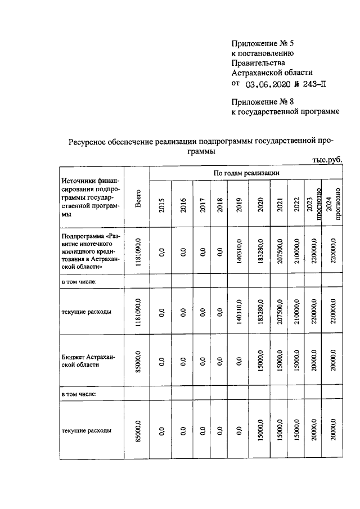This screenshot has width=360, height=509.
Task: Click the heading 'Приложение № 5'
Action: coord(263,43)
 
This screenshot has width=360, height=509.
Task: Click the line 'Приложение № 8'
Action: coord(263,102)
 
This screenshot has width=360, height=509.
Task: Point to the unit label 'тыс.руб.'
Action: coord(327,160)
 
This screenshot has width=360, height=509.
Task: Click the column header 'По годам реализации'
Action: coord(246,173)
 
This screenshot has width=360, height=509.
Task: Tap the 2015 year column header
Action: coord(161,205)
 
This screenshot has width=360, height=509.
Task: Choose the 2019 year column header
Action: coord(238,205)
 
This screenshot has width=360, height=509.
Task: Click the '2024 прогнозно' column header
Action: coord(332,202)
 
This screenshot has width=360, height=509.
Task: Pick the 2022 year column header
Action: coord(296,205)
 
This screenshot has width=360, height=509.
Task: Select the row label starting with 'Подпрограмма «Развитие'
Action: coord(90,252)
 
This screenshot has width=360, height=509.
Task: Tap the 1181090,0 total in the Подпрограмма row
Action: coord(138,252)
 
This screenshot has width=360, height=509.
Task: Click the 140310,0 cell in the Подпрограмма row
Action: coord(238,252)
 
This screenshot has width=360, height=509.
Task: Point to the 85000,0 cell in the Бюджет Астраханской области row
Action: coord(138,360)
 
